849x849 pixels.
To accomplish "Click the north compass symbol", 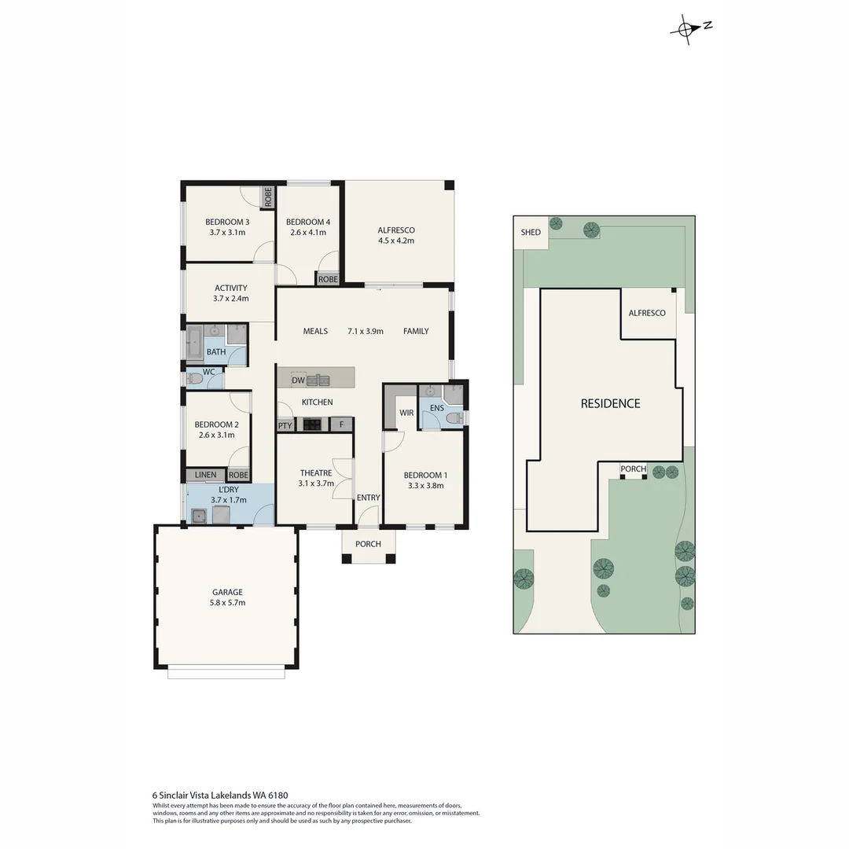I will [x=686, y=28].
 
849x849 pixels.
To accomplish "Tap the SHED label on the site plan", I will [x=531, y=232].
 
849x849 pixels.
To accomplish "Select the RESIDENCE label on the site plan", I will [x=610, y=403].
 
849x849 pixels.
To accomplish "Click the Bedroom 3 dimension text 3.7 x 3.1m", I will [x=227, y=233].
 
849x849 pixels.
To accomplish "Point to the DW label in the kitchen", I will [x=298, y=380].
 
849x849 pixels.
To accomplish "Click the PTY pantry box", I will [x=285, y=425].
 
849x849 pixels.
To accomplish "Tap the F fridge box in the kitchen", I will [x=341, y=425].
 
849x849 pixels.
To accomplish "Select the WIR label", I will [x=406, y=413].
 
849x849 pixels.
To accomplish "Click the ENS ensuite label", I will [x=436, y=408].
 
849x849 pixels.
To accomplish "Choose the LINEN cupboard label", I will [x=205, y=475].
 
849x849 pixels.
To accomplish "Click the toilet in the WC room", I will [x=196, y=380].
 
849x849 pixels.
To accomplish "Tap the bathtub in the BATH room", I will [x=193, y=346].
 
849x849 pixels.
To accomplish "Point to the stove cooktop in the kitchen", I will [x=312, y=424].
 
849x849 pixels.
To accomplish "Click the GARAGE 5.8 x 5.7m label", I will [x=227, y=597].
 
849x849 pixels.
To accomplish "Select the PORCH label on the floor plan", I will [x=368, y=544].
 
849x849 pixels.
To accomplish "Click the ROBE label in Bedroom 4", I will [x=328, y=279].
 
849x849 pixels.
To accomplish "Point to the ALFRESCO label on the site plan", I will [x=646, y=313].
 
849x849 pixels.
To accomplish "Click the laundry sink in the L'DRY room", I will [x=199, y=516].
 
